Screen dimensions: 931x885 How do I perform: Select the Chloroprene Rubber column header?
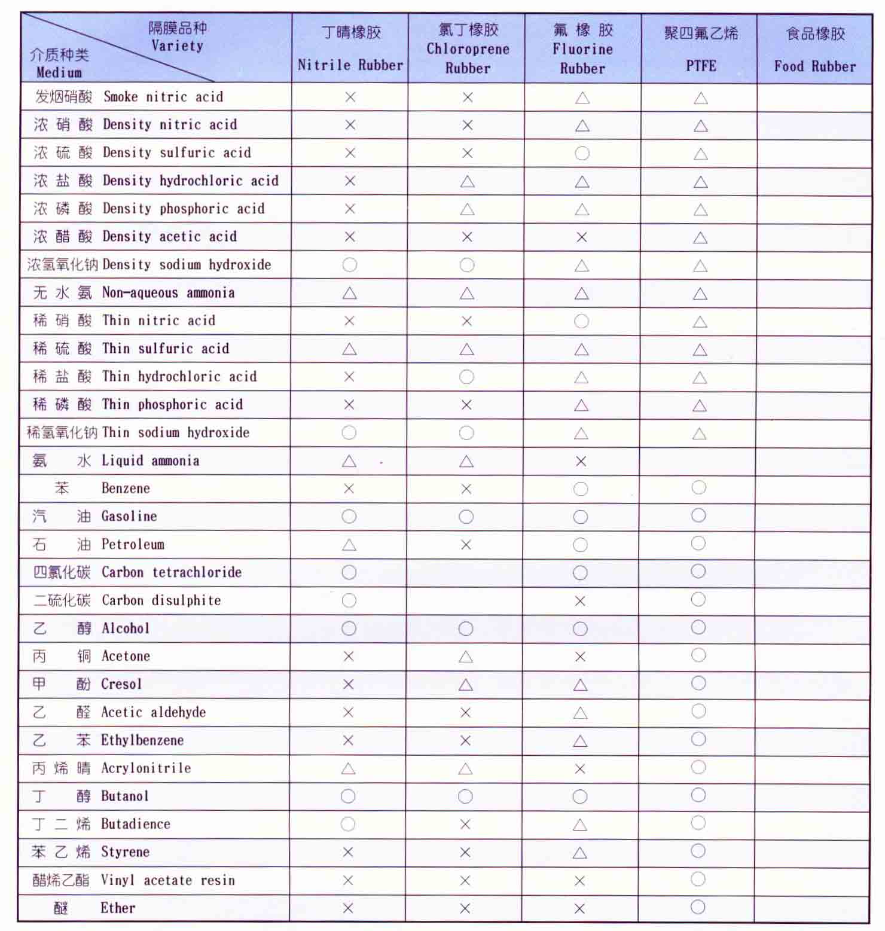tap(468, 49)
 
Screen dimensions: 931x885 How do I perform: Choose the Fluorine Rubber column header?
tap(582, 49)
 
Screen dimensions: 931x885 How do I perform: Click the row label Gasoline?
tap(129, 516)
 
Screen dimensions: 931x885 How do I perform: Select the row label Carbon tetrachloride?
tap(172, 572)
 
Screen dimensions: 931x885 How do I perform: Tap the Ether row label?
tap(118, 908)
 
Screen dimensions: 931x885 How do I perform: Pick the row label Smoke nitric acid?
tap(163, 97)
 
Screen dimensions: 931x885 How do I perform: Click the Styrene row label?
tap(125, 851)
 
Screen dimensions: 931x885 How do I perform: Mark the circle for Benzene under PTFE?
tap(698, 487)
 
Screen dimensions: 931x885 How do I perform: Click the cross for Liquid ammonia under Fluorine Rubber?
tap(581, 461)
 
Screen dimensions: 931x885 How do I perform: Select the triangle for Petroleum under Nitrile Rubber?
tap(349, 545)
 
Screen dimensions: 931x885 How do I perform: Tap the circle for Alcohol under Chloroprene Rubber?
tap(466, 628)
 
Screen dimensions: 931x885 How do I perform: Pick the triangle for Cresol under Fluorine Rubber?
tap(580, 685)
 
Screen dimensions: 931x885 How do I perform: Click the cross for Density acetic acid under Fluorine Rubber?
tap(581, 237)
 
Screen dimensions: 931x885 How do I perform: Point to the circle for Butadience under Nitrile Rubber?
tap(348, 825)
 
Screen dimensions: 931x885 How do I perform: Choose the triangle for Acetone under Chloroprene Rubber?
tap(466, 657)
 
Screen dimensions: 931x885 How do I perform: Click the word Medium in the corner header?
tap(59, 72)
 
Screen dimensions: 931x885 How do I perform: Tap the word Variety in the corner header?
tap(177, 45)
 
